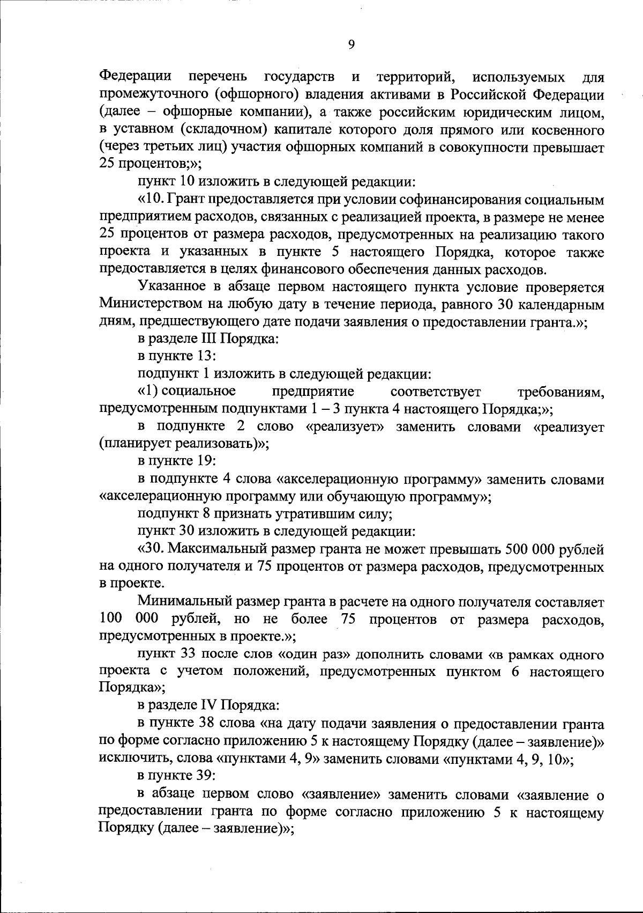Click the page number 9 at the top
click(352, 45)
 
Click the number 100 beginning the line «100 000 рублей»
click(111, 620)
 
